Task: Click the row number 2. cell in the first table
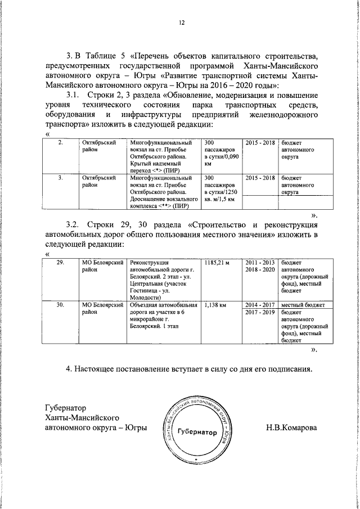(61, 143)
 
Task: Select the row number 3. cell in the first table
(61, 177)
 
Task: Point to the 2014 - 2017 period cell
(260, 305)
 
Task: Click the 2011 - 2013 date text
(260, 263)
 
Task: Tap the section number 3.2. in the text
(75, 226)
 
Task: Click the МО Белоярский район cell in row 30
(102, 309)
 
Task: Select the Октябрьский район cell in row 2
(99, 147)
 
